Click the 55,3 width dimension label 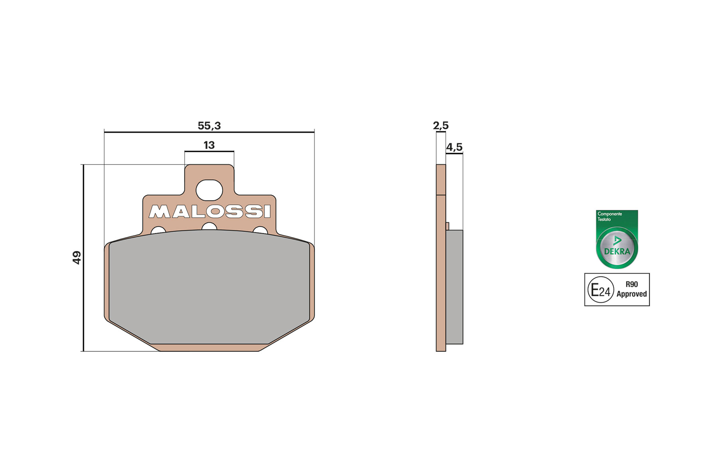tap(209, 126)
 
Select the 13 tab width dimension tap(209, 145)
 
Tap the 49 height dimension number tap(77, 258)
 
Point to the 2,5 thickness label tap(440, 126)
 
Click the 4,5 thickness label tap(454, 147)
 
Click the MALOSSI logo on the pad tap(209, 212)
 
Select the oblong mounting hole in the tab tap(209, 190)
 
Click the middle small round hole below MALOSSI tap(209, 227)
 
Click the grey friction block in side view tap(454, 287)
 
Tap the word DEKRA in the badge tap(617, 252)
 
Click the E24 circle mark tap(600, 290)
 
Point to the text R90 tap(632, 284)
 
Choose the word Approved tap(632, 294)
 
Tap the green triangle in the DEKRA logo tap(617, 240)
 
